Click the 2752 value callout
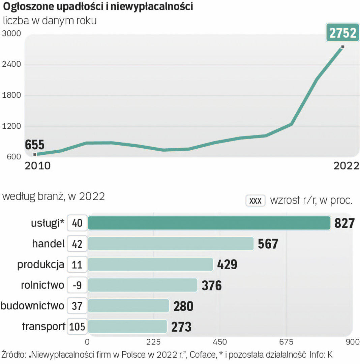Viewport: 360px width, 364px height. point(342,33)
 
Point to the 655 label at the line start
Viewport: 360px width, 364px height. point(35,145)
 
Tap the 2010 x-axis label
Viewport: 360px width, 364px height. point(37,166)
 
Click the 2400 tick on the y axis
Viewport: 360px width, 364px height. point(11,64)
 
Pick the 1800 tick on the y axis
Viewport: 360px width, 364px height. point(11,95)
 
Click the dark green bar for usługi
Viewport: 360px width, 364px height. point(209,223)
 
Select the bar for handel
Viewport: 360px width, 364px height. point(171,244)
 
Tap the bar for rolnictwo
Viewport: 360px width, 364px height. point(142,285)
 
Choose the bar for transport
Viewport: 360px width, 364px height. point(127,327)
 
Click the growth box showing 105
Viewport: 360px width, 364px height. point(77,327)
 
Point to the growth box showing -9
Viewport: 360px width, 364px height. point(77,285)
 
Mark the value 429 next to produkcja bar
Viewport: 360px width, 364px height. point(227,265)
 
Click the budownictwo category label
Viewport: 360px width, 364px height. point(32,306)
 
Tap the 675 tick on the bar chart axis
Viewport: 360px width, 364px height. point(286,342)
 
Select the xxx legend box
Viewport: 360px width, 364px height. point(255,201)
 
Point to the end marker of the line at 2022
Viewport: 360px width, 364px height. point(342,47)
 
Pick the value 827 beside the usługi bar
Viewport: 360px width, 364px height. point(345,223)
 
